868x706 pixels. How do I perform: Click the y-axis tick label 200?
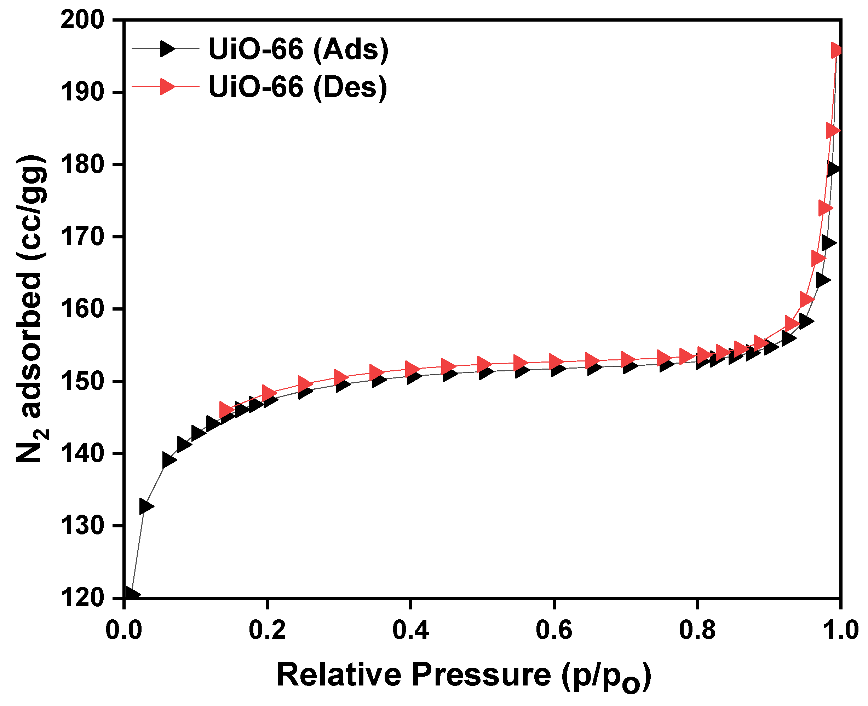pyautogui.click(x=82, y=20)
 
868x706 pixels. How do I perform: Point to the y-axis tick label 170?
pyautogui.click(x=82, y=237)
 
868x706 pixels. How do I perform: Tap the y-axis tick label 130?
pyautogui.click(x=82, y=526)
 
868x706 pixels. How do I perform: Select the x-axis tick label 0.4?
pyautogui.click(x=410, y=631)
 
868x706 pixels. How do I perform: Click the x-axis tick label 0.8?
pyautogui.click(x=697, y=631)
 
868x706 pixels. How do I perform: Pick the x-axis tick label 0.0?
pyautogui.click(x=123, y=631)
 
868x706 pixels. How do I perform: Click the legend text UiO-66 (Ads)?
pyautogui.click(x=298, y=49)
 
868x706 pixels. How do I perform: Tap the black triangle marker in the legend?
pyautogui.click(x=167, y=49)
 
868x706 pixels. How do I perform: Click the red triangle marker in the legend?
pyautogui.click(x=167, y=87)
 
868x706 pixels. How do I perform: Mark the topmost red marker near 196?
pyautogui.click(x=835, y=51)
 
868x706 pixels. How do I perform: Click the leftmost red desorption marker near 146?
pyautogui.click(x=226, y=410)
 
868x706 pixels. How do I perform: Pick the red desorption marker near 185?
pyautogui.click(x=832, y=131)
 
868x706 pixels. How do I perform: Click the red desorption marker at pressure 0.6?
pyautogui.click(x=555, y=361)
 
